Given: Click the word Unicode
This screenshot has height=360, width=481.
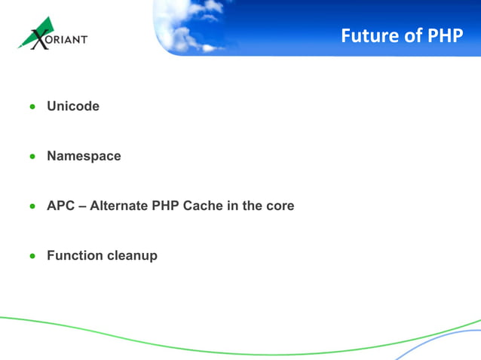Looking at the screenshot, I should click(x=73, y=106).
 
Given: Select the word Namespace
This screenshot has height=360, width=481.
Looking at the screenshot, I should click(x=84, y=156).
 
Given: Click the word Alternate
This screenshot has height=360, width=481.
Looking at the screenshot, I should click(x=121, y=206).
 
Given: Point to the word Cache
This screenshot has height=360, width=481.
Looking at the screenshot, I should click(x=204, y=206).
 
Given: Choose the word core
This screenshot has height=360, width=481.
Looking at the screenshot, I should click(x=278, y=206).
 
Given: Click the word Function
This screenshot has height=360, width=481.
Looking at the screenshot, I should click(x=74, y=255).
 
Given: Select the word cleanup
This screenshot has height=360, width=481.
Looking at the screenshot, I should click(x=132, y=255).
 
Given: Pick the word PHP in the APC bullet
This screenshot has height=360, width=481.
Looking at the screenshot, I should click(x=169, y=206).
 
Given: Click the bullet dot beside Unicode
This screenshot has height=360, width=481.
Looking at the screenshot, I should click(x=32, y=107).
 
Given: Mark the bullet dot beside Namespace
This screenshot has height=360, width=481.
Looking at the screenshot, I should click(x=32, y=157).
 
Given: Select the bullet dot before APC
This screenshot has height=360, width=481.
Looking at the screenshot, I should click(x=32, y=206).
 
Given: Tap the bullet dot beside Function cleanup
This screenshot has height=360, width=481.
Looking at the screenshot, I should click(x=32, y=256).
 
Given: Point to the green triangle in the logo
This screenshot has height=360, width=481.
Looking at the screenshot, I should click(x=45, y=27).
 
